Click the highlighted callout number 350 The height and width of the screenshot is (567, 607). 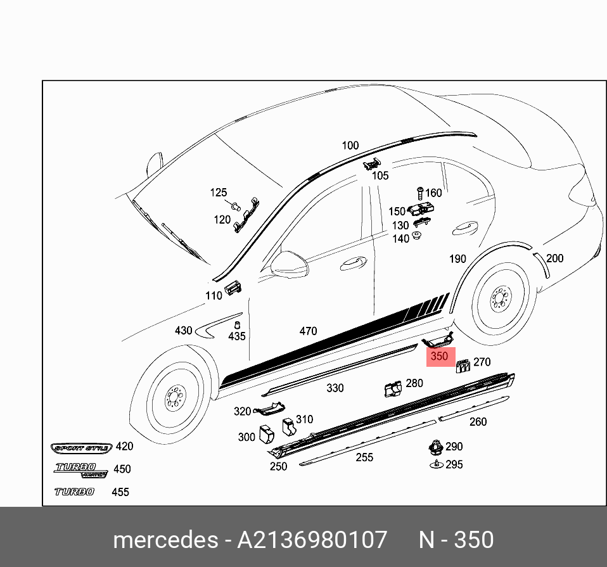(439, 356)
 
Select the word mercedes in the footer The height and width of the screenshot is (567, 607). (164, 540)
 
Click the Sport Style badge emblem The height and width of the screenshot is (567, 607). (82, 448)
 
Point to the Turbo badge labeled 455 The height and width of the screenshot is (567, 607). (74, 492)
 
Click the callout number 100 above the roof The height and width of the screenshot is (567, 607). (350, 146)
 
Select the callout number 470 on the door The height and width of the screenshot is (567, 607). (308, 331)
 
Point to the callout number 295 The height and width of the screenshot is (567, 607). (454, 464)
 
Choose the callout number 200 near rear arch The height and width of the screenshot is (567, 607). (554, 258)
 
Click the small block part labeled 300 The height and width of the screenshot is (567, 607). (267, 434)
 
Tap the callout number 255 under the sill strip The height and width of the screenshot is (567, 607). (364, 457)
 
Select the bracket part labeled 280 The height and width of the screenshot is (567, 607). (393, 388)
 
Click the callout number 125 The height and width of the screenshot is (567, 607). (218, 192)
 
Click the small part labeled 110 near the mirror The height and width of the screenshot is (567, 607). (234, 286)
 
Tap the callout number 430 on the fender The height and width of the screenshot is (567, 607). (183, 331)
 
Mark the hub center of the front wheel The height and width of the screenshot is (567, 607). (173, 400)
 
